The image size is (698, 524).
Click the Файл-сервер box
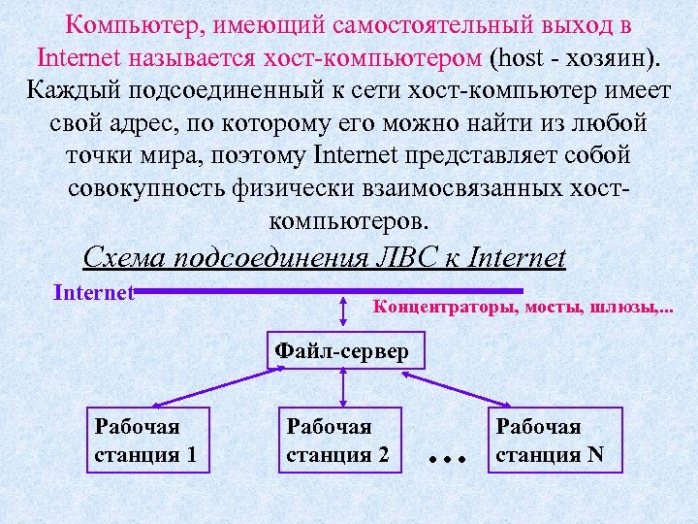(x=342, y=350)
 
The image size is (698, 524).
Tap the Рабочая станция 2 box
(x=338, y=440)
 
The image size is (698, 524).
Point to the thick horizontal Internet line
(x=330, y=290)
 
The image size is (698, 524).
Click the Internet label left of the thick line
(x=93, y=292)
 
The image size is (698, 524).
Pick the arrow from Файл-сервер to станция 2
(x=342, y=388)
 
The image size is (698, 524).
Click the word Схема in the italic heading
(x=124, y=258)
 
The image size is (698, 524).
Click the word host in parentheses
(x=524, y=56)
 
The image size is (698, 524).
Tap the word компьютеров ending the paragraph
(x=348, y=219)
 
